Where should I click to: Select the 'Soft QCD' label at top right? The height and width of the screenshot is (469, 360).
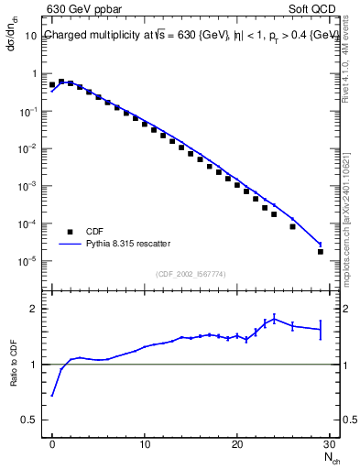314,10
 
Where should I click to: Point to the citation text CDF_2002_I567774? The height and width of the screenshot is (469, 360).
191,274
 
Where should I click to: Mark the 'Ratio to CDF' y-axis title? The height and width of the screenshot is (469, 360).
15,379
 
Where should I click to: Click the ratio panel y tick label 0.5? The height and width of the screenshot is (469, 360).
31,420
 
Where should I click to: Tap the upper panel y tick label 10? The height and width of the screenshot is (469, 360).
31,36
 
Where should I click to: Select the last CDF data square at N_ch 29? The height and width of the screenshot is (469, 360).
320,251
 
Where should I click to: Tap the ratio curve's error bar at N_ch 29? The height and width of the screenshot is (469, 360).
320,329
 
